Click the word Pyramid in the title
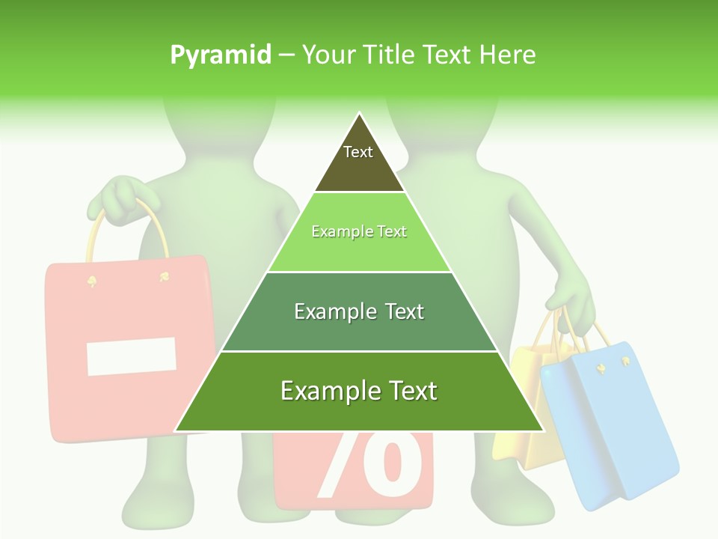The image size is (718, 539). point(220,55)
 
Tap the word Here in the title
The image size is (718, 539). point(507,55)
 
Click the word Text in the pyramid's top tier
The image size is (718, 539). point(358,152)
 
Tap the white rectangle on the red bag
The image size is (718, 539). point(132,356)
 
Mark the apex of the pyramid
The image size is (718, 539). point(359,113)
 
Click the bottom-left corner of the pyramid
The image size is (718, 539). point(175,430)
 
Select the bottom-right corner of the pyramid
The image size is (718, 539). point(543,430)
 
